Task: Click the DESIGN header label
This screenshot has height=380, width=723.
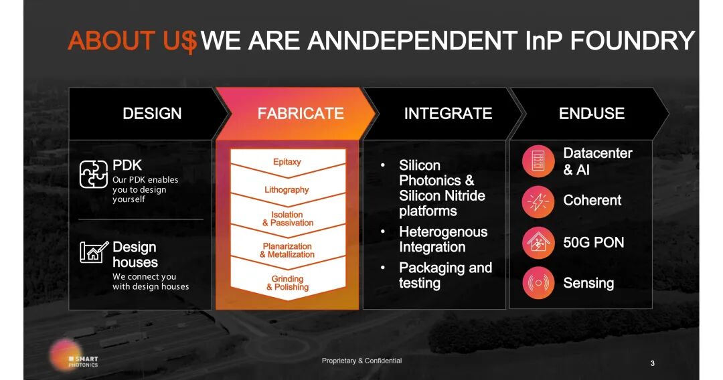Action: pyautogui.click(x=152, y=113)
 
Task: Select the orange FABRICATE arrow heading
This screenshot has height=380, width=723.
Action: pyautogui.click(x=295, y=113)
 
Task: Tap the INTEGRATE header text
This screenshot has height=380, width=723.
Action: pyautogui.click(x=448, y=113)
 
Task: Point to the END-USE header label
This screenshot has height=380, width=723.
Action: pyautogui.click(x=592, y=113)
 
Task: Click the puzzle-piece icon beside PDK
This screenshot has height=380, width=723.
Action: pyautogui.click(x=93, y=174)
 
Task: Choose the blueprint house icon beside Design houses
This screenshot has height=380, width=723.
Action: pyautogui.click(x=94, y=252)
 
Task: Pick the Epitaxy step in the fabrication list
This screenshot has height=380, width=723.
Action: pyautogui.click(x=287, y=162)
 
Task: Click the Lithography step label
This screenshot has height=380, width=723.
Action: pyautogui.click(x=287, y=190)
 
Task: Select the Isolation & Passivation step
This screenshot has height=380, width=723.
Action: pyautogui.click(x=288, y=219)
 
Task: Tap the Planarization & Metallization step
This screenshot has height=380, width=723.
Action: pyautogui.click(x=287, y=250)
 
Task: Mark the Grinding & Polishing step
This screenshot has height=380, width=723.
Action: pyautogui.click(x=287, y=283)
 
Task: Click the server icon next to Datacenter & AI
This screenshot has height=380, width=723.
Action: pyautogui.click(x=538, y=161)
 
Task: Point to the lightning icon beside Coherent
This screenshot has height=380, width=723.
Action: pyautogui.click(x=538, y=202)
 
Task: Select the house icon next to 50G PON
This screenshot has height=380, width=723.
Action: pyautogui.click(x=538, y=242)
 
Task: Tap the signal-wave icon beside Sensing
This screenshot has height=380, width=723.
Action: pyautogui.click(x=538, y=283)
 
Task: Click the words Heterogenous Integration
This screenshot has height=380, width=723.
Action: pyautogui.click(x=443, y=240)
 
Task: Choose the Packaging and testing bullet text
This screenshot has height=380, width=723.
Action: pyautogui.click(x=445, y=275)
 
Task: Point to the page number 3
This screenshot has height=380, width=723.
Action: pyautogui.click(x=653, y=363)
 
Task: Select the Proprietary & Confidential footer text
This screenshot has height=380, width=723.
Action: pyautogui.click(x=361, y=361)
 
